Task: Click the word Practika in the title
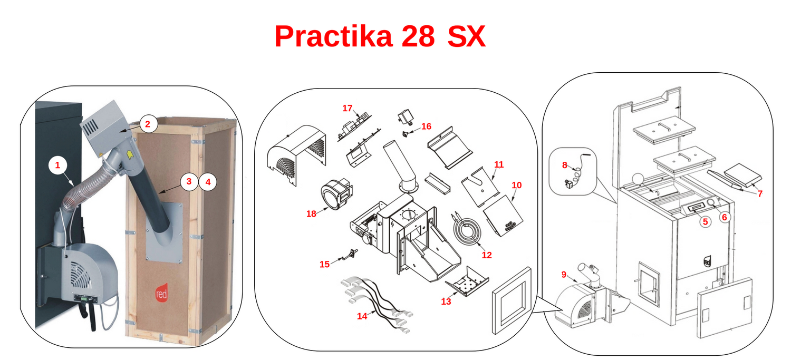[333, 36]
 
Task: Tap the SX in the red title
[467, 36]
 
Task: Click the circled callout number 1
[57, 165]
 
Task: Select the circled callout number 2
[148, 124]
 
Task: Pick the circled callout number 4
[208, 182]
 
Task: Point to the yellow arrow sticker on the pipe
[130, 154]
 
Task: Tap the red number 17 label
[348, 109]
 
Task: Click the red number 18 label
[311, 214]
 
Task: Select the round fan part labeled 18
[336, 194]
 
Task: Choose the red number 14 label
[362, 316]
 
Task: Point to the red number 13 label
[446, 301]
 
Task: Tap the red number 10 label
[517, 186]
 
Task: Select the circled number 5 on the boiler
[705, 222]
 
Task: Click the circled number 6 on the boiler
[724, 217]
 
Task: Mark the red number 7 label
[760, 193]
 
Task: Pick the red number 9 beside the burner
[564, 275]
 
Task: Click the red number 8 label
[565, 165]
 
